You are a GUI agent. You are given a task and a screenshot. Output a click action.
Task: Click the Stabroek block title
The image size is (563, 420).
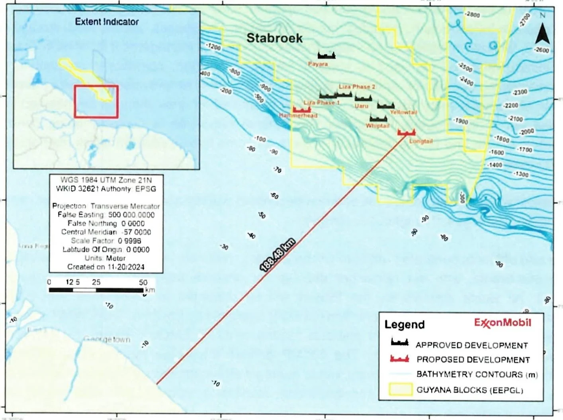pyautogui.click(x=274, y=38)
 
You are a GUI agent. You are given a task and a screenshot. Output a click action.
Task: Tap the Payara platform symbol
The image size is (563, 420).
pyautogui.click(x=326, y=55)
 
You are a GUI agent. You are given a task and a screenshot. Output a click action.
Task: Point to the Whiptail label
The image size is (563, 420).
pyautogui.click(x=377, y=126)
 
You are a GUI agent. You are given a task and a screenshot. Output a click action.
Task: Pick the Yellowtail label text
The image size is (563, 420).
pyautogui.click(x=403, y=112)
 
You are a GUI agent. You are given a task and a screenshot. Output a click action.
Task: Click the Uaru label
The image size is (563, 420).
pyautogui.click(x=362, y=106)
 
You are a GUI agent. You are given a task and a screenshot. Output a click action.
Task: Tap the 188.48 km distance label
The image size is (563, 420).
pyautogui.click(x=278, y=255)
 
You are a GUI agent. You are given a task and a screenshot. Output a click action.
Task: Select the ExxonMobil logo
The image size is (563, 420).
pyautogui.click(x=502, y=322)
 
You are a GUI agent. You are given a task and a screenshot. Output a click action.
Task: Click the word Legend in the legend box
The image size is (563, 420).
pyautogui.click(x=405, y=324)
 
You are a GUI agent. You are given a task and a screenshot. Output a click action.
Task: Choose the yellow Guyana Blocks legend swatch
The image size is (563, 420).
pyautogui.click(x=401, y=389)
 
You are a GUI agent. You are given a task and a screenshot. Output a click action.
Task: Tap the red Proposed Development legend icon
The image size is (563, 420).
pyautogui.click(x=400, y=359)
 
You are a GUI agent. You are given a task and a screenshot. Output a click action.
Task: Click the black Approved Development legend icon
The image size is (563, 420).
pyautogui.click(x=400, y=342)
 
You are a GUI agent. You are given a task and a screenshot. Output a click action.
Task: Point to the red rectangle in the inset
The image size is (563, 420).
pyautogui.click(x=96, y=102)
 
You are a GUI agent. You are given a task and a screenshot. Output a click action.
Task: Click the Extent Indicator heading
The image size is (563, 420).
pyautogui.click(x=107, y=22)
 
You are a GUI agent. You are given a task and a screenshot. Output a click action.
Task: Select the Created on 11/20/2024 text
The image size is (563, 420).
pyautogui.click(x=106, y=267)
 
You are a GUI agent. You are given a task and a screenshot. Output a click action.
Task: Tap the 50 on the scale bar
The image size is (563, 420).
pyautogui.click(x=143, y=282)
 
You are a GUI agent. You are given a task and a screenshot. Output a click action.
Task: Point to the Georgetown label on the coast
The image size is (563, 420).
pyautogui.click(x=107, y=340)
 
